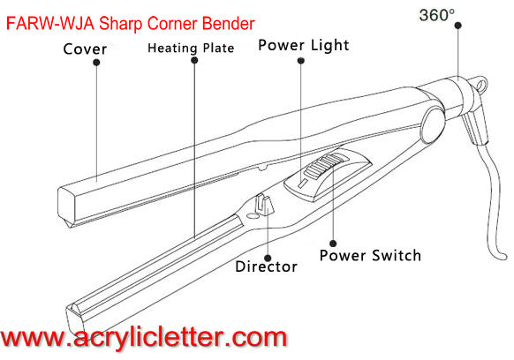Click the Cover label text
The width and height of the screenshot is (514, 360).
[85, 49]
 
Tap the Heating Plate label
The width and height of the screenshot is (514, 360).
[191, 49]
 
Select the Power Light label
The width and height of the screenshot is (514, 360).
[304, 45]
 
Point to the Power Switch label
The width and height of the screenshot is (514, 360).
[370, 256]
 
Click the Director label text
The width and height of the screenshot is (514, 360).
[266, 266]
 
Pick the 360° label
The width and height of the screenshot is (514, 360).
[437, 15]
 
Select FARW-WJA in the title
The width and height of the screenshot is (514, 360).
[50, 24]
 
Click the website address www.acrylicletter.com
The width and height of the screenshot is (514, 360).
[143, 337]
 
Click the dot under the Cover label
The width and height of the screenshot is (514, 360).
[96, 63]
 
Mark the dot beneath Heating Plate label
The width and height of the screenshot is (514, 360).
[194, 60]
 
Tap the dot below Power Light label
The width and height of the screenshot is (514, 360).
[301, 61]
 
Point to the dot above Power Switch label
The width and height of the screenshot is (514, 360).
[333, 244]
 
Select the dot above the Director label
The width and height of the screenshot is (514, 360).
[268, 259]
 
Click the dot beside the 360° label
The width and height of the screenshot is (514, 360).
[458, 26]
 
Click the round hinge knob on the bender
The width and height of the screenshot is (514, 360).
[433, 126]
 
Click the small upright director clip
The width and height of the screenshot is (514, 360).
[265, 205]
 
